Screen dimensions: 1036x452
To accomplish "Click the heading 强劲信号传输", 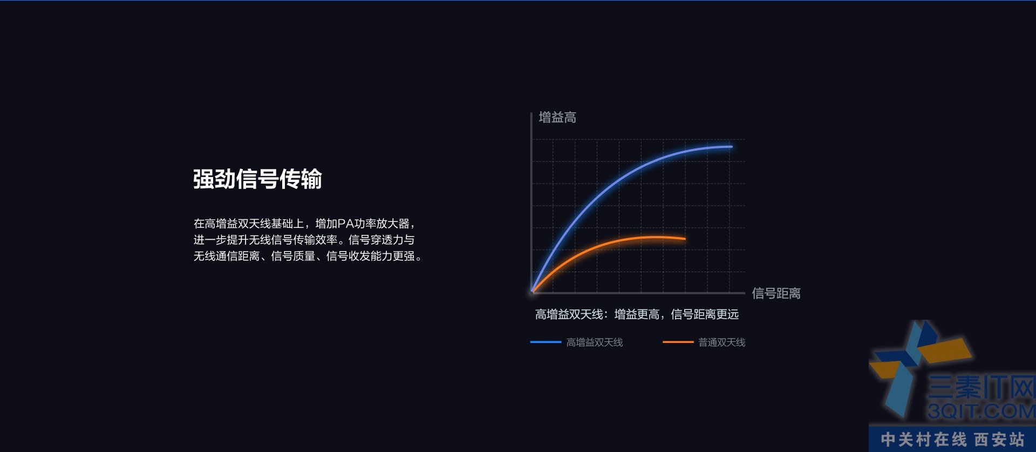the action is [257, 179].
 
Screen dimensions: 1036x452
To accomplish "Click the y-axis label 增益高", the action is [557, 118].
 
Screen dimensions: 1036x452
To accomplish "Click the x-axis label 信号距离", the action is [776, 294].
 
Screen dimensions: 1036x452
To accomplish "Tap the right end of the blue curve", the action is [732, 146].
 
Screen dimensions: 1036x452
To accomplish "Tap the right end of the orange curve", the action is [685, 238].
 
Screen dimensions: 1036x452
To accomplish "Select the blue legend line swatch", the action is [546, 342].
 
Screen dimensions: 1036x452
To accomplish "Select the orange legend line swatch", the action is [678, 342].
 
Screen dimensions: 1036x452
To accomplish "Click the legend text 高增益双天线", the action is [595, 342].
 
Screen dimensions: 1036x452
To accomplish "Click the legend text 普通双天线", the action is [722, 342].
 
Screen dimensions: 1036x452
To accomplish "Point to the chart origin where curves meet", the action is [533, 292].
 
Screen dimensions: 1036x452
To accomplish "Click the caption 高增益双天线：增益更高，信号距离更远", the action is [637, 314].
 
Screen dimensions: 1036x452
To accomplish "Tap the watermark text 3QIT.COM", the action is [982, 411].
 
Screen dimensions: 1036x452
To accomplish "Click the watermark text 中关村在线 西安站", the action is [952, 440].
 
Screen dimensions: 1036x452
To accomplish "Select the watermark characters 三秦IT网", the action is [982, 387].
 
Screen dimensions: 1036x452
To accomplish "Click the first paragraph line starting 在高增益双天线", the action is [305, 224].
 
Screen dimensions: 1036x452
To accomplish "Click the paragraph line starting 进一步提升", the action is [304, 240].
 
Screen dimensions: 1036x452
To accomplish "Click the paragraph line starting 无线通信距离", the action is [308, 256].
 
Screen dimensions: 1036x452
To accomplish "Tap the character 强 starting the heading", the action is [203, 179].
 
